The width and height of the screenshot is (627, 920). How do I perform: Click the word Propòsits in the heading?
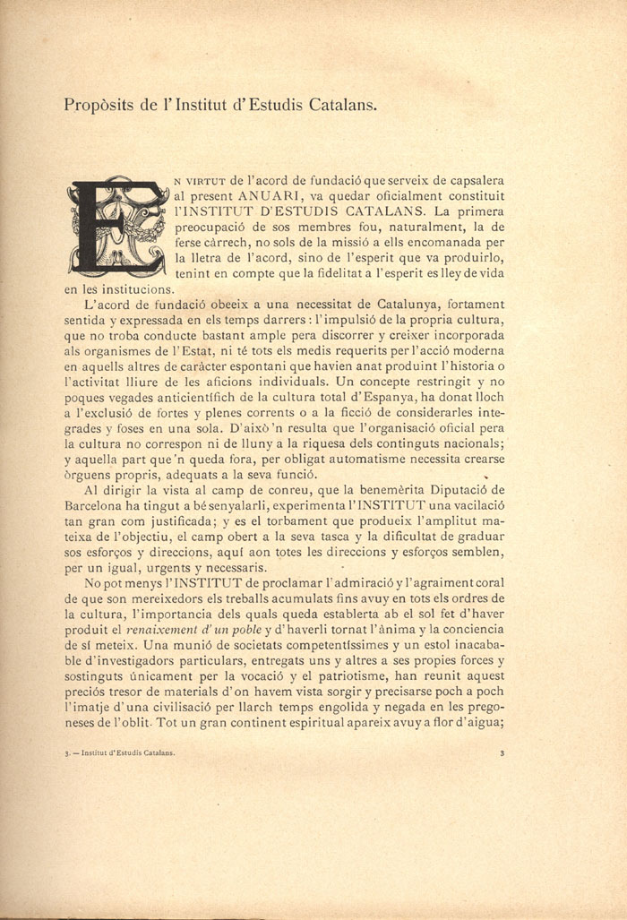tap(99, 105)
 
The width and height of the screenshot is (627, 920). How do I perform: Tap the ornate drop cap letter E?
tap(116, 227)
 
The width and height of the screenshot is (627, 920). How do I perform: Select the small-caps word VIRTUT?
tap(205, 179)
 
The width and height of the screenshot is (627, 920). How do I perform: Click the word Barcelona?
tap(96, 507)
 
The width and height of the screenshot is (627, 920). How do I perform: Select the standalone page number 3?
tap(502, 753)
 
